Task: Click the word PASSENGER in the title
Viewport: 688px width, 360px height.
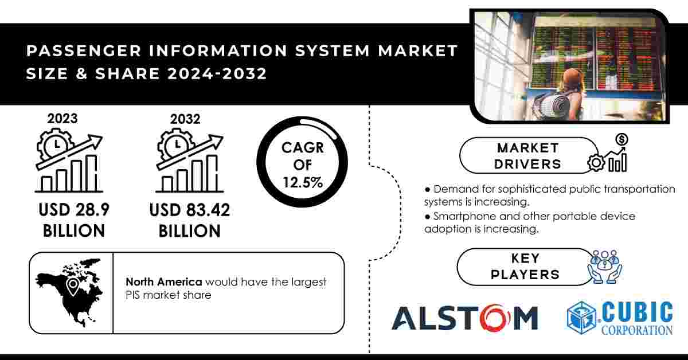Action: point(84,50)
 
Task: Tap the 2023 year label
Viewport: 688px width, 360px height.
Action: point(62,119)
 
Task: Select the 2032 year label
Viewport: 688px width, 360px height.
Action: point(185,119)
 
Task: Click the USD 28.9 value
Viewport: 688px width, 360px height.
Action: point(74,210)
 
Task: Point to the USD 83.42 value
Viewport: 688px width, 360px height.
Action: point(190,210)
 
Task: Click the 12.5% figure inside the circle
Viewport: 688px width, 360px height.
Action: point(303,182)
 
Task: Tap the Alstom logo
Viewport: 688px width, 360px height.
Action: point(465,318)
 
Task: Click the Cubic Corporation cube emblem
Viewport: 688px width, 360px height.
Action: point(582,318)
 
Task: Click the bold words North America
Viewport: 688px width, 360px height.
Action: point(164,281)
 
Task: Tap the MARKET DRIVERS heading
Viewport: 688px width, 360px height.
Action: point(527,156)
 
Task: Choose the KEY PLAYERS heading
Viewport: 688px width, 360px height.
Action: point(525,267)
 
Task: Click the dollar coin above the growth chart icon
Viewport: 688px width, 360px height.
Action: point(621,140)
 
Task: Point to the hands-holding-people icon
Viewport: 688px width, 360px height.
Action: point(605,267)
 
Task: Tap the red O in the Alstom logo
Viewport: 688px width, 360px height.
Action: point(495,318)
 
